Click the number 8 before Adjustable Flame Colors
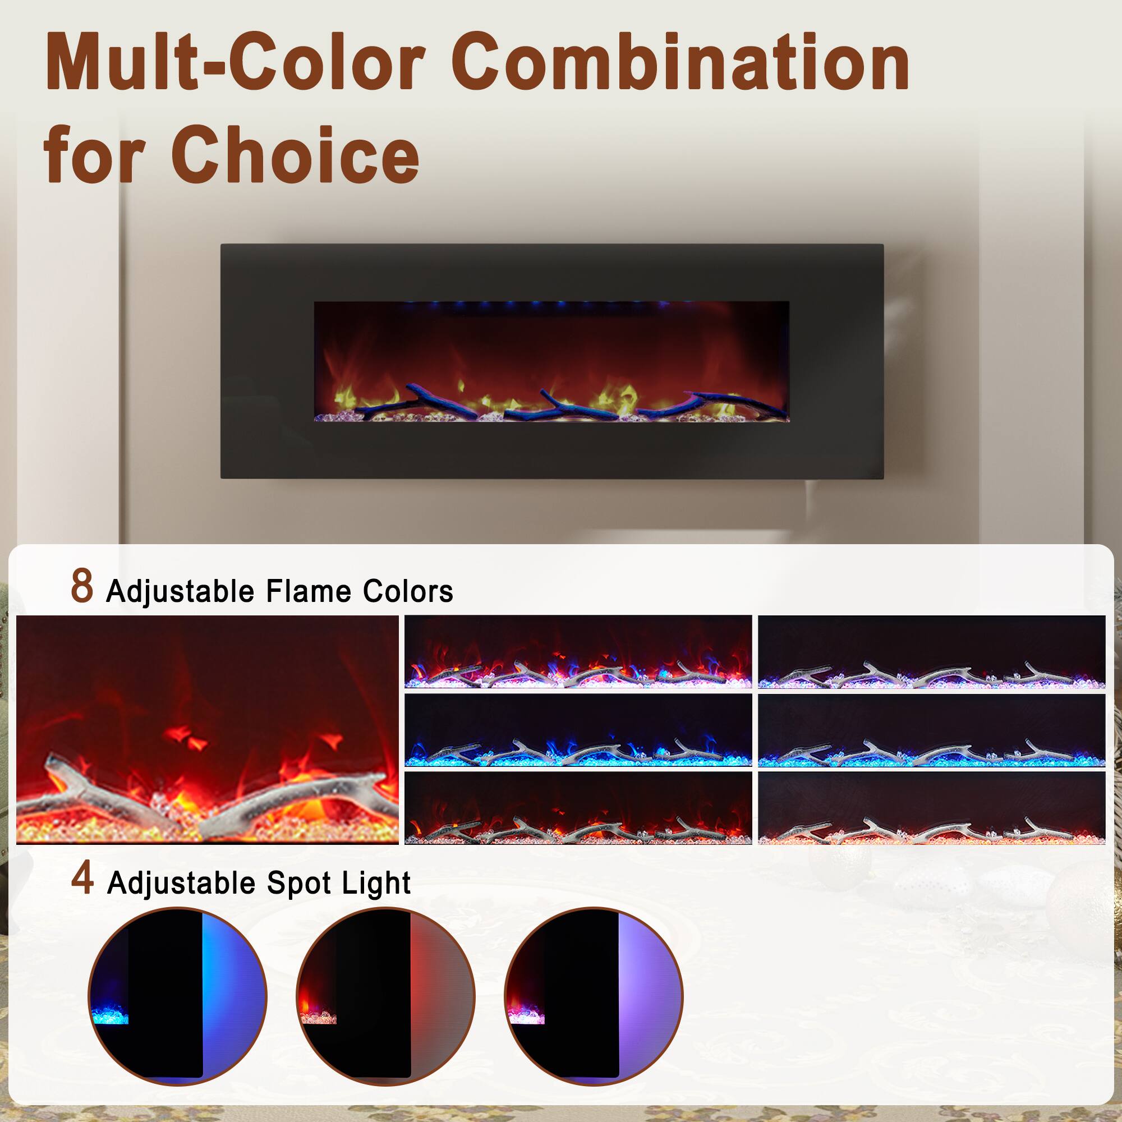tap(82, 587)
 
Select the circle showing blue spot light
tap(178, 996)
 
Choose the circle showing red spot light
tap(385, 996)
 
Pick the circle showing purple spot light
tap(594, 996)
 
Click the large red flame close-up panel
tap(208, 729)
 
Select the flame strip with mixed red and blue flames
tap(578, 651)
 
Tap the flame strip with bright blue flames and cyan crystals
tap(578, 730)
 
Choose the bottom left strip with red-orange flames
tap(578, 808)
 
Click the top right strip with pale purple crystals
tap(931, 651)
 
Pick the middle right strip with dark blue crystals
tap(931, 730)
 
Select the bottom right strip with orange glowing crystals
tap(931, 808)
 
